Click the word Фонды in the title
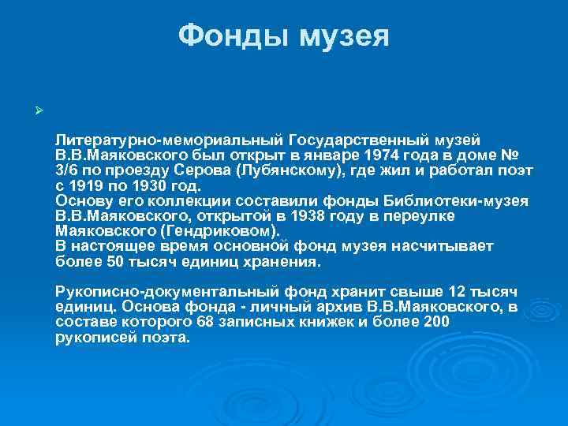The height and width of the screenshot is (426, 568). [x=230, y=35]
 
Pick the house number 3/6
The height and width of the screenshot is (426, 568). [x=68, y=171]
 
